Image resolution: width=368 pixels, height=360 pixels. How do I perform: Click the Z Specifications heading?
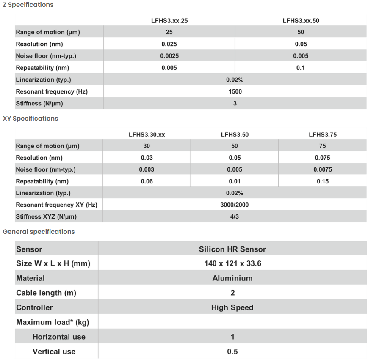[28, 5]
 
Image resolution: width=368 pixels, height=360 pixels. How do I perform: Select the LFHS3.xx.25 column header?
[169, 20]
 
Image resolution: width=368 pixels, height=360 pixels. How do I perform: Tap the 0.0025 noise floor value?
[169, 56]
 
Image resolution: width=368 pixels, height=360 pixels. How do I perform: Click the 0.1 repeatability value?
[300, 68]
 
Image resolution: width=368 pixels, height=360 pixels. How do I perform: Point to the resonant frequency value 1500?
[235, 91]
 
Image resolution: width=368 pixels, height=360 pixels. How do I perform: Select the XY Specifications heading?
[30, 119]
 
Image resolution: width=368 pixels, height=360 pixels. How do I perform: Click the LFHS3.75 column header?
[323, 135]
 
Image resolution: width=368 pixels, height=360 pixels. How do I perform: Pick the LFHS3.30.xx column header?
[147, 135]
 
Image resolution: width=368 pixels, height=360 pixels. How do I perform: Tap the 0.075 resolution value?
[323, 158]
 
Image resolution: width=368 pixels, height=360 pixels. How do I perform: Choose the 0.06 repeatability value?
[147, 181]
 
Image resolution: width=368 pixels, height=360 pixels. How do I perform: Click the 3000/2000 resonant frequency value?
[235, 205]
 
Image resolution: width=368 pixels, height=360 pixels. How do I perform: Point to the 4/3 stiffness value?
[235, 217]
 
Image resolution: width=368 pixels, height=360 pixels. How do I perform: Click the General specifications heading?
[39, 232]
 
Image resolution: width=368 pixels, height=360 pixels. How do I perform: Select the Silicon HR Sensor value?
[232, 249]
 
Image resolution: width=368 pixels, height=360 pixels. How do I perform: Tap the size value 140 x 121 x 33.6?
[232, 264]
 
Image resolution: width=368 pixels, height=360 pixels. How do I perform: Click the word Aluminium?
[232, 278]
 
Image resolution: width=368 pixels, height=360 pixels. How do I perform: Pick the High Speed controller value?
[232, 307]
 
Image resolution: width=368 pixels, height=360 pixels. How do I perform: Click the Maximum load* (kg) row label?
[53, 322]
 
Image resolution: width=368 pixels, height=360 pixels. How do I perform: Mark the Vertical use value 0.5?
[232, 352]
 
